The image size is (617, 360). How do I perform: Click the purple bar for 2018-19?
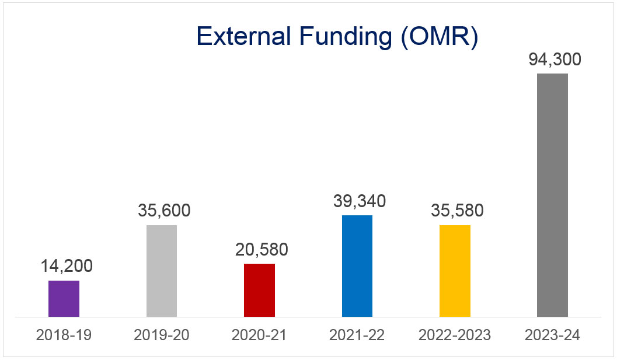(64, 299)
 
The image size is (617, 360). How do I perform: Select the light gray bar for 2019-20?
(162, 271)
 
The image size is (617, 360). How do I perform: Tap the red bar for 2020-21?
(259, 290)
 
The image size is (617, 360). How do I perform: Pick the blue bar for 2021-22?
(357, 266)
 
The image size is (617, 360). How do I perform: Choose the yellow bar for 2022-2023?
(455, 271)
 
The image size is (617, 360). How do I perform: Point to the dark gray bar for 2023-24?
(552, 195)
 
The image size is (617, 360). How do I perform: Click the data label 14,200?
(67, 267)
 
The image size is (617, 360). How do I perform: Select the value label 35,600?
(164, 211)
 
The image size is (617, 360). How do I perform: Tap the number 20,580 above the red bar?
(262, 249)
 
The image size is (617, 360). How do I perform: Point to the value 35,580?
(457, 211)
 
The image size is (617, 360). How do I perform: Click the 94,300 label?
(555, 60)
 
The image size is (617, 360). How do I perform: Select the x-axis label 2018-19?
(64, 335)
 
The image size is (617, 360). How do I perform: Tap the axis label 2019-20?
(162, 335)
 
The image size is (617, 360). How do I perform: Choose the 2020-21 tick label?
(259, 335)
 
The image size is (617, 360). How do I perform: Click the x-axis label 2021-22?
(357, 335)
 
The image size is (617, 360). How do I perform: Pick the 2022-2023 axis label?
(455, 335)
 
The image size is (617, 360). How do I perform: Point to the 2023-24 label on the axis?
(552, 335)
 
